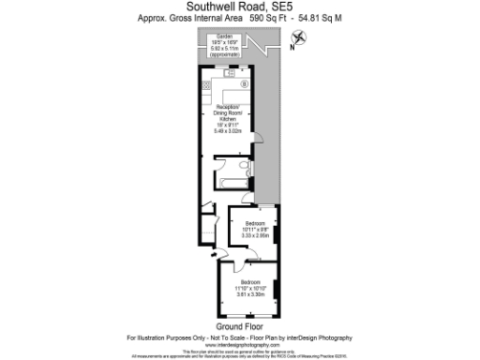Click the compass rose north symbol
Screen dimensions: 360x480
[x=299, y=37]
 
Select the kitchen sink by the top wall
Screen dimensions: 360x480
[x=229, y=71]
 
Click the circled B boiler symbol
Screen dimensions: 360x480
[x=245, y=83]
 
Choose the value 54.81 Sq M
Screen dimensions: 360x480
[x=314, y=17]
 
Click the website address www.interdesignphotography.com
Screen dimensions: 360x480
[x=239, y=344]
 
